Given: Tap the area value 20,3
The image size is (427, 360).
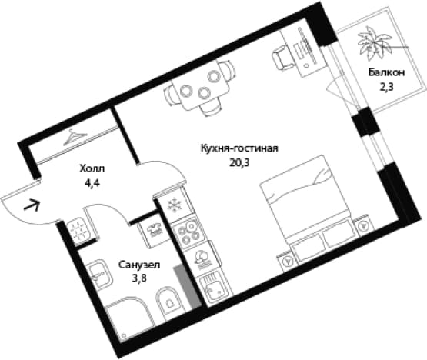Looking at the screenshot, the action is [x=239, y=163].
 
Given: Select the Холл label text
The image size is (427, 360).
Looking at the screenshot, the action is [x=92, y=168].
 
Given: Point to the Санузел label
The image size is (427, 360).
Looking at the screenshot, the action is [x=139, y=265].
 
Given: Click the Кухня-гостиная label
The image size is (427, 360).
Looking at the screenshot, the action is [x=239, y=148].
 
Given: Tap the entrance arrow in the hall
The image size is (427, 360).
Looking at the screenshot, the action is [x=32, y=205].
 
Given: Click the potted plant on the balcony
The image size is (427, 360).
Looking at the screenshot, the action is [x=374, y=44].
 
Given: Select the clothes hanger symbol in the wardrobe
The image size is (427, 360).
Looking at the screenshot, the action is [x=75, y=137].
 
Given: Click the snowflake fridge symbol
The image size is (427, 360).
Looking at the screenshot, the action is [x=174, y=205].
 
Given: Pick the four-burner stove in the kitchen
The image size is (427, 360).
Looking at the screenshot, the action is [x=188, y=232].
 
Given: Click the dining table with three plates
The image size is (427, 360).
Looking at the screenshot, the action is [x=202, y=85].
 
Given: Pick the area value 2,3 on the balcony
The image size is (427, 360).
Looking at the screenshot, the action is [x=386, y=88].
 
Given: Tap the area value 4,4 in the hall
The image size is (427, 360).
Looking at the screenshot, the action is [x=92, y=183].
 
